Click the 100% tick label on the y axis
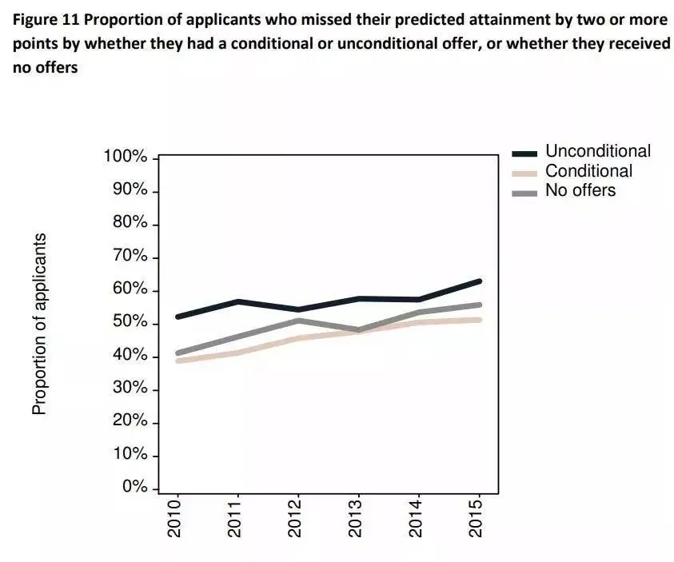point(126,157)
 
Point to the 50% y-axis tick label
point(130,322)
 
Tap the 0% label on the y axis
point(134,488)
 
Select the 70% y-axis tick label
point(130,257)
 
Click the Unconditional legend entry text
point(598,151)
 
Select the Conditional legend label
point(588,171)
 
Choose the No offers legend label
point(580,190)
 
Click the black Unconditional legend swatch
point(524,153)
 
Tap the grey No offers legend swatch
point(524,192)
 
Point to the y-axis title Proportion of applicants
point(38,324)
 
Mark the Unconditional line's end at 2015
point(479,281)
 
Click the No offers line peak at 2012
point(297,321)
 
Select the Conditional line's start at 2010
point(177,361)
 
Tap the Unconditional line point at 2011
point(237,301)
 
